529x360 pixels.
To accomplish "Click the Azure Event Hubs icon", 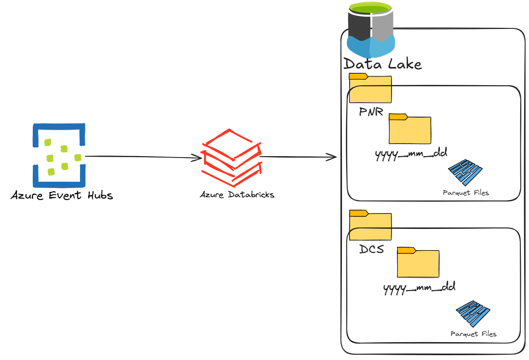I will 59,155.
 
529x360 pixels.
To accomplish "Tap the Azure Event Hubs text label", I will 62,196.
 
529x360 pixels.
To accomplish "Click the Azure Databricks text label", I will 237,195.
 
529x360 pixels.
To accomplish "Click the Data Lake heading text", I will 383,64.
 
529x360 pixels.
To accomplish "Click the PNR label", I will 371,112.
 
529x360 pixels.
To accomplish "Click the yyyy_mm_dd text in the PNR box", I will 411,153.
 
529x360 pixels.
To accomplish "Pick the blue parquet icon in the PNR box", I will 465,173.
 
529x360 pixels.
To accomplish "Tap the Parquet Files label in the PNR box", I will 466,193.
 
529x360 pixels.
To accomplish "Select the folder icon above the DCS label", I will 370,225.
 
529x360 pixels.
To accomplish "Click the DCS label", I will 372,250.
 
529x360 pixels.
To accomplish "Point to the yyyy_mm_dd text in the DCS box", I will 420,288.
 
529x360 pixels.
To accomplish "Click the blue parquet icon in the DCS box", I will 473,314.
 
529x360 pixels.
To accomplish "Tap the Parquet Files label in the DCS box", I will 474,333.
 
